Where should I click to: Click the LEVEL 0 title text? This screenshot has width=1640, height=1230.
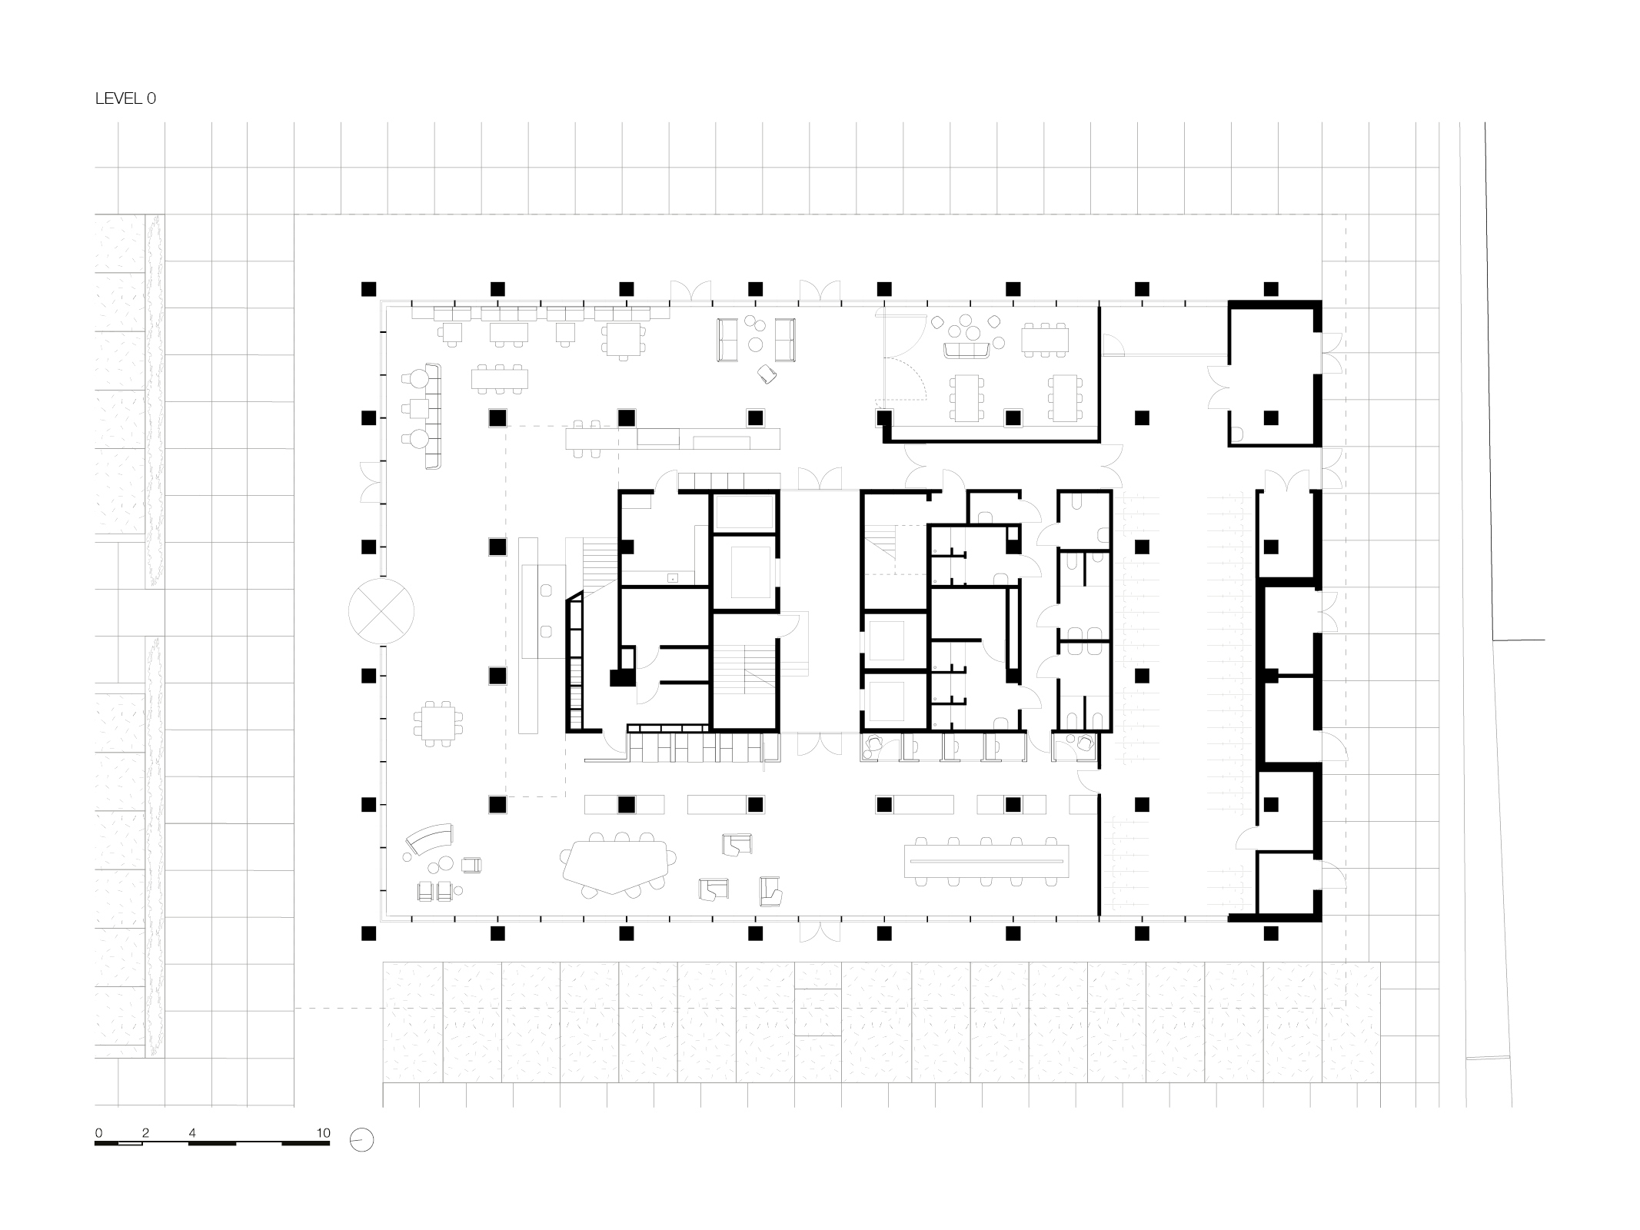coord(125,98)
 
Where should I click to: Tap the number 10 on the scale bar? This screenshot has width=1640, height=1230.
coord(323,1132)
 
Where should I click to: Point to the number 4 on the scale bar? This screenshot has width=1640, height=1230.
coord(192,1132)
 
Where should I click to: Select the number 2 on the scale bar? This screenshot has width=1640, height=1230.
coord(145,1132)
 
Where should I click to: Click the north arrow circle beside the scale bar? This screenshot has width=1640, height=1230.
coord(361,1139)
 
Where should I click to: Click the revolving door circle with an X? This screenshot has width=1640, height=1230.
coord(381,612)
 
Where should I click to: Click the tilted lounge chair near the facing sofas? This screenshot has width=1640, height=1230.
coord(767,374)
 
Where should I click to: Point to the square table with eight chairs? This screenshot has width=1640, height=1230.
coord(438,723)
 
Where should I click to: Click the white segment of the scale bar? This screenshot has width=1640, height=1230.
coord(130,1144)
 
